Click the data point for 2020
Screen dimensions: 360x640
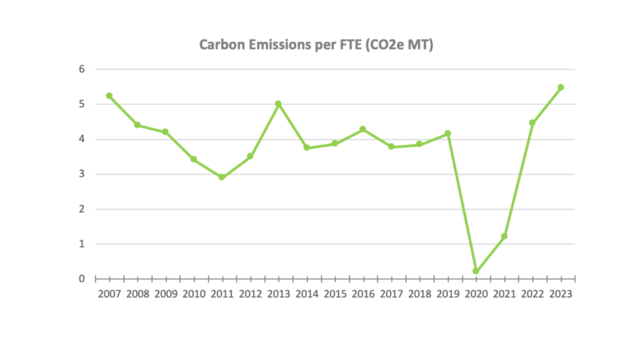pos(476,271)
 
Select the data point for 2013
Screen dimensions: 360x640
pos(278,104)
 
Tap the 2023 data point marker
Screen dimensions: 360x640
pos(561,87)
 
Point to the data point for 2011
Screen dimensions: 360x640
pos(222,177)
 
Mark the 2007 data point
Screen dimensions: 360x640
pos(109,96)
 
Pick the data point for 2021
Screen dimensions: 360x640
pos(504,236)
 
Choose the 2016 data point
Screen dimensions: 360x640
pos(362,129)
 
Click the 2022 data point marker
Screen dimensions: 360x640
pos(532,123)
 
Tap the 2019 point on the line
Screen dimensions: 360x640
pos(447,134)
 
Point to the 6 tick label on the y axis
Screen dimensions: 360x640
pos(81,69)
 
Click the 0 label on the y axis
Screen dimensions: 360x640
pos(81,279)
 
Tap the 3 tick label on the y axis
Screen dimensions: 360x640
pos(81,174)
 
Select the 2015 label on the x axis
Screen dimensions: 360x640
pos(335,293)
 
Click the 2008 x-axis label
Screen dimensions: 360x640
pos(137,293)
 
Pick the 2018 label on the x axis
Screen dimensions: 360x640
pos(419,293)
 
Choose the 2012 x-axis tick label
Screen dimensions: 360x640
pos(250,293)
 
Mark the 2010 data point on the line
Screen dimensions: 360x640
pos(194,159)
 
